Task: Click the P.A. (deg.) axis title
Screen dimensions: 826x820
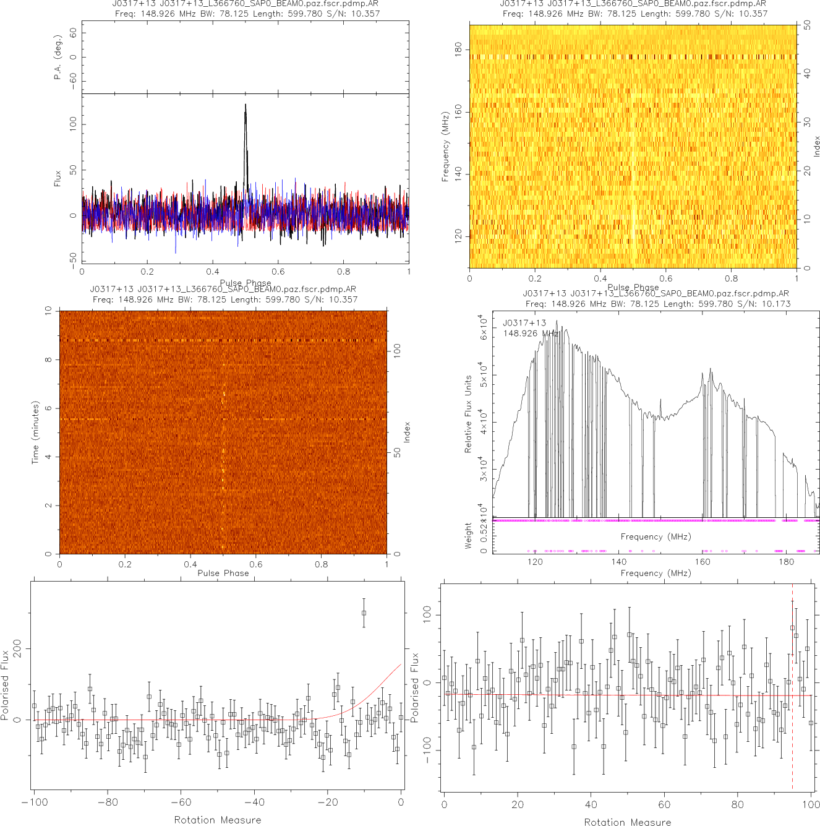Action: [x=58, y=64]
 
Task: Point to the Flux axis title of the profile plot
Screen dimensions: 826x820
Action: [x=58, y=179]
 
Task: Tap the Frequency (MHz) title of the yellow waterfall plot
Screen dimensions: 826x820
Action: [x=445, y=147]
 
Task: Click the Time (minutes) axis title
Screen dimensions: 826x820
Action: [x=36, y=432]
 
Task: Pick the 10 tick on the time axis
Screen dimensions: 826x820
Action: [x=48, y=311]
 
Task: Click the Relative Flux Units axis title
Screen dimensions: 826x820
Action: [x=468, y=414]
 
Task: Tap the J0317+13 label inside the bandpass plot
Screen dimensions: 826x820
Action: [x=524, y=323]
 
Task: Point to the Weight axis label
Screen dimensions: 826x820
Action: [x=468, y=535]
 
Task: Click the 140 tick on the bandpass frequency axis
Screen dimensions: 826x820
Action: [x=619, y=562]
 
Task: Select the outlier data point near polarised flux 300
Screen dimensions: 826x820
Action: [x=364, y=613]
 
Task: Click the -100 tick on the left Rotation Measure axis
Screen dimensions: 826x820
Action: [x=34, y=802]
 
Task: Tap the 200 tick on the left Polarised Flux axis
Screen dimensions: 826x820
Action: [x=17, y=649]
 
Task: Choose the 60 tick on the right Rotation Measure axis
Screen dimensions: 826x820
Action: [x=664, y=805]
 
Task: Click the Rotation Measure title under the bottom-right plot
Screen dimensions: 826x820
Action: [x=627, y=822]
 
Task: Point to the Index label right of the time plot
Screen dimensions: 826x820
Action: [x=407, y=432]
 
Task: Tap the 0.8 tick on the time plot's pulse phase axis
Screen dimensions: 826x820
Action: [x=322, y=564]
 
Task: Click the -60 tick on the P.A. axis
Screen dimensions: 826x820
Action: [x=74, y=80]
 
